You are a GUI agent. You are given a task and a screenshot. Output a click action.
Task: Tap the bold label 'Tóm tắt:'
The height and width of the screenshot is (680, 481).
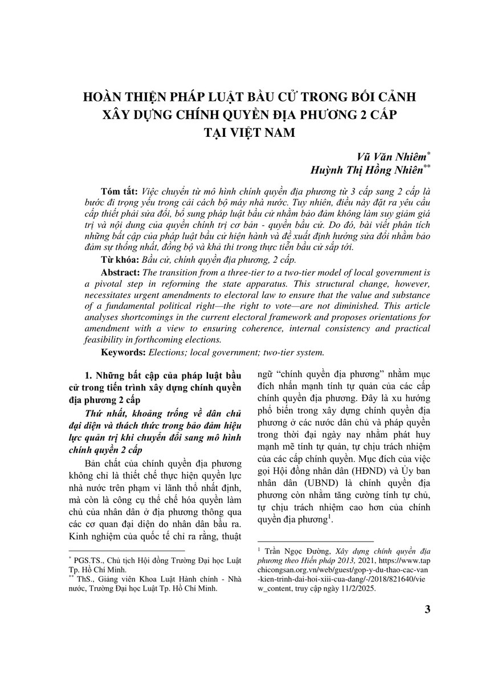(x=119, y=190)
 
